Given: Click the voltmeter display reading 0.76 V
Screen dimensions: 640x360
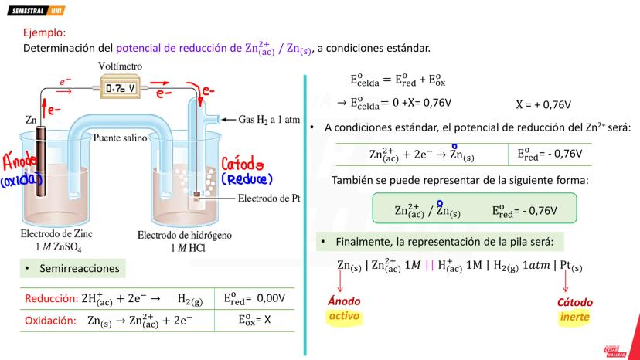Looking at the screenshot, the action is click(121, 88).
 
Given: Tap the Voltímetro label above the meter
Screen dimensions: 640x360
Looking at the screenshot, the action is click(120, 66).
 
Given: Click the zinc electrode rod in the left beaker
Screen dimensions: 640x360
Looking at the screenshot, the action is click(40, 161).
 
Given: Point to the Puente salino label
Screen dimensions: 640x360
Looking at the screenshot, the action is click(120, 138).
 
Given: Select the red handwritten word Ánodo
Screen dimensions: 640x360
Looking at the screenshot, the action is click(19, 161).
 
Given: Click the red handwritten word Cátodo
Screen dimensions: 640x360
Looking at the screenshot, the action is click(243, 164).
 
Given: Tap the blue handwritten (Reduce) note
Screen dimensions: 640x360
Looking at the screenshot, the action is click(247, 178).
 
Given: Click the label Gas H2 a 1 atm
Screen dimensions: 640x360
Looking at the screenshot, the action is click(269, 120).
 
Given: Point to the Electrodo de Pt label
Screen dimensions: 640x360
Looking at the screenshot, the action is click(268, 199).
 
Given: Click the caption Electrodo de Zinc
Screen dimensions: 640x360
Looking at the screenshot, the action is click(56, 234).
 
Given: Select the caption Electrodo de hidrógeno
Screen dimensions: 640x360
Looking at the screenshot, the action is click(185, 235).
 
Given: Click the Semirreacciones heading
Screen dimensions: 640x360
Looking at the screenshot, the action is click(80, 268).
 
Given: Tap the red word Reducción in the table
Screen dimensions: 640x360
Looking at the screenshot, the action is click(51, 298).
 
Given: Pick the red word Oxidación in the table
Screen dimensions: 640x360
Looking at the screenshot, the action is click(50, 321).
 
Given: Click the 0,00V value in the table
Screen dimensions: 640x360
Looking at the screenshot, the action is click(271, 298).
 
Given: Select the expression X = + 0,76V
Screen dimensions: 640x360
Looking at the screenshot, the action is click(543, 105).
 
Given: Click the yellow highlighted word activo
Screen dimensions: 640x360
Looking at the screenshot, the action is click(344, 315).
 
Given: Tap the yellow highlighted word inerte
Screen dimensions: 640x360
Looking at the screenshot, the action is click(575, 317).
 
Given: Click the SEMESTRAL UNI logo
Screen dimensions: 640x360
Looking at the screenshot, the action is click(36, 11).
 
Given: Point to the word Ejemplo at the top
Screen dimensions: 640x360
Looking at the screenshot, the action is click(45, 32).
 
